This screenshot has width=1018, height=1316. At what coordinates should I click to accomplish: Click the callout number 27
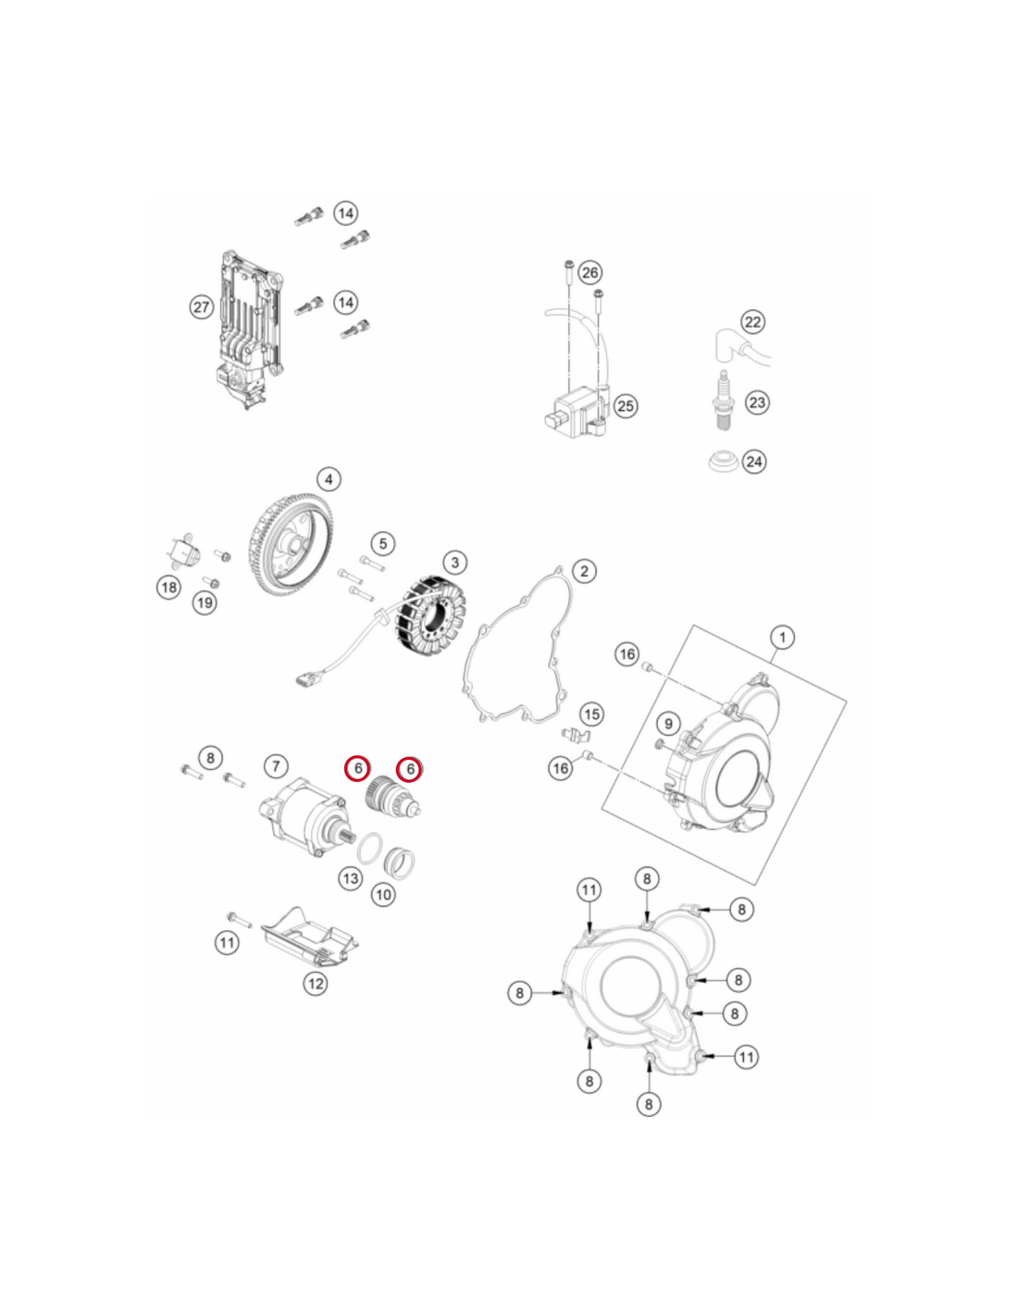click(x=201, y=307)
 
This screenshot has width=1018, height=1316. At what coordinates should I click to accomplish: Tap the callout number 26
click(x=590, y=272)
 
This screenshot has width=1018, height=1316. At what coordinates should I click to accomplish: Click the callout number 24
click(x=754, y=462)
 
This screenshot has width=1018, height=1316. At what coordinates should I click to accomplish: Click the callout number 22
click(x=752, y=321)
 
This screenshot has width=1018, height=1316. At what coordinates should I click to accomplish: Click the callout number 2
click(x=584, y=570)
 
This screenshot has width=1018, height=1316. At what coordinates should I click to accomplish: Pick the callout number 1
click(x=782, y=637)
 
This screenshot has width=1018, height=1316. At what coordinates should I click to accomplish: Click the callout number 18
click(x=169, y=586)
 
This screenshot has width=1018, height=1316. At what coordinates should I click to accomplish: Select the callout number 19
click(x=205, y=602)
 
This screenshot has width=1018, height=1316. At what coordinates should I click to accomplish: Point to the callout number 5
click(x=383, y=544)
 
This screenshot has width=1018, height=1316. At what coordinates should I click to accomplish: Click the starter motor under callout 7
click(x=303, y=815)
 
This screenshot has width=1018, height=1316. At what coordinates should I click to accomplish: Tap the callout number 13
click(x=351, y=878)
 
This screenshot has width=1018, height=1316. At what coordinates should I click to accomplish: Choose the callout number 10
click(x=383, y=894)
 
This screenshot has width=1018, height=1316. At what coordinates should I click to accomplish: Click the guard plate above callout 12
click(x=309, y=946)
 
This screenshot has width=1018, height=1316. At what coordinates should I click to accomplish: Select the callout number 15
click(x=591, y=714)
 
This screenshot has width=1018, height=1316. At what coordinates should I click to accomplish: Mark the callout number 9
click(x=668, y=724)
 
